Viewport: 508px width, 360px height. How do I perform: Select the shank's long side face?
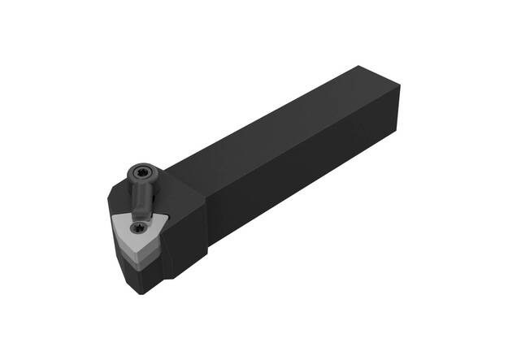[x=309, y=175]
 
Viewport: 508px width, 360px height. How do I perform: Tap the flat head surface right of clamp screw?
[x=175, y=183]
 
